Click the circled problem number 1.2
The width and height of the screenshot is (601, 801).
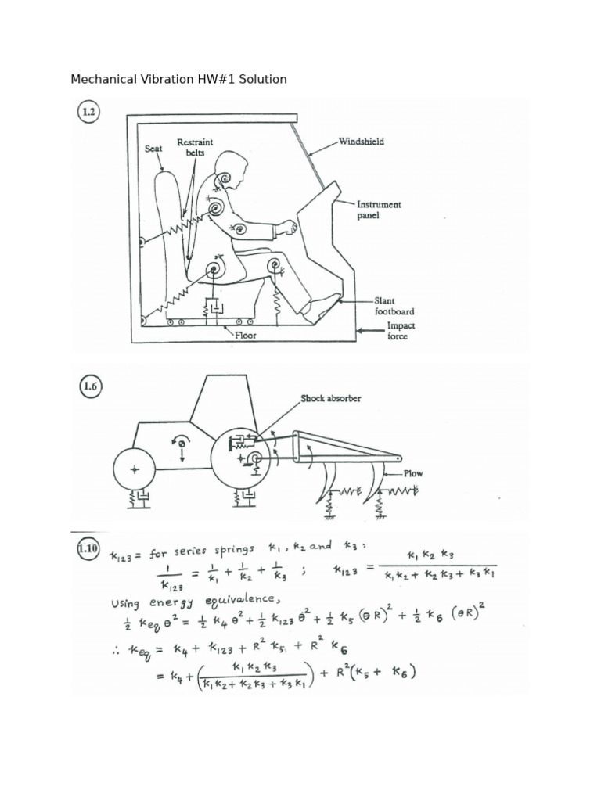click(x=88, y=112)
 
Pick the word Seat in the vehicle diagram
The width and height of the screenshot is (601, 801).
click(x=153, y=147)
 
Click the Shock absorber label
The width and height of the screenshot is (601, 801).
click(x=330, y=398)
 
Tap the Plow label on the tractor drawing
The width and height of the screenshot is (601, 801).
click(x=414, y=474)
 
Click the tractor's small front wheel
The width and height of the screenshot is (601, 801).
click(x=135, y=470)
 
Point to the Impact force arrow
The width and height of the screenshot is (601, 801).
click(x=369, y=331)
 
